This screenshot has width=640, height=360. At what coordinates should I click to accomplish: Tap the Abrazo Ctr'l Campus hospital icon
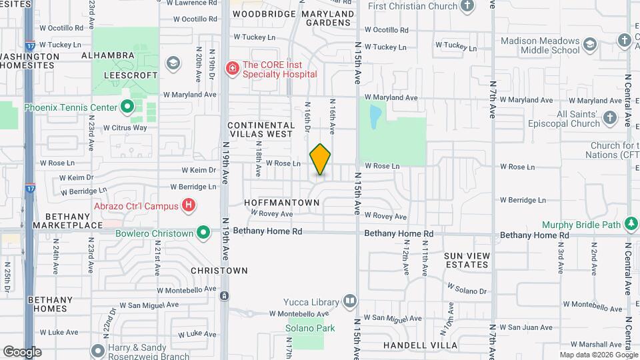coord(189,206)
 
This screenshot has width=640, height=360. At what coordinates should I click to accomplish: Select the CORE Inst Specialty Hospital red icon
coord(232,68)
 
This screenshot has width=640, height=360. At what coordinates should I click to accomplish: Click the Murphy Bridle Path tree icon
coord(631,225)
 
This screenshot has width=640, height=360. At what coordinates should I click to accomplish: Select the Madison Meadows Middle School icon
coord(589,45)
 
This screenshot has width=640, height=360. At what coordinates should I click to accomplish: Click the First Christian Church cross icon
coord(467,6)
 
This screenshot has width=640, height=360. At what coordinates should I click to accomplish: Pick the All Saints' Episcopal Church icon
coord(610,119)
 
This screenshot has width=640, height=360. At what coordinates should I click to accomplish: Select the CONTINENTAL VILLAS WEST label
coord(261,129)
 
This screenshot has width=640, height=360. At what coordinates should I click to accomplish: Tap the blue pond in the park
coord(375,116)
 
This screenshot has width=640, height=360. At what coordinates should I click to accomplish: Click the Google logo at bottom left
coord(21,351)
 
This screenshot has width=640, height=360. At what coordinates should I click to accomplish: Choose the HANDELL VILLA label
coord(420,345)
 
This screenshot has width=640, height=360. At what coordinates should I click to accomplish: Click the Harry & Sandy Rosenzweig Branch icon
coord(99,350)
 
